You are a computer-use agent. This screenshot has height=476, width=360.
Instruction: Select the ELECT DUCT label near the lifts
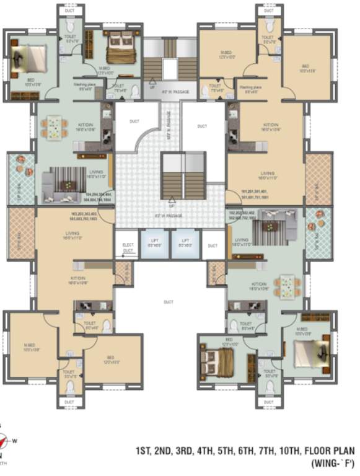click(128, 247)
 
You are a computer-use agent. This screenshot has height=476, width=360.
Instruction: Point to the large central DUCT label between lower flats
click(168, 302)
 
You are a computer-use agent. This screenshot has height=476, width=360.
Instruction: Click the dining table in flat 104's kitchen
click(55, 128)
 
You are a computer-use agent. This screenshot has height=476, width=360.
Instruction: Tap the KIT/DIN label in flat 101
click(266, 126)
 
